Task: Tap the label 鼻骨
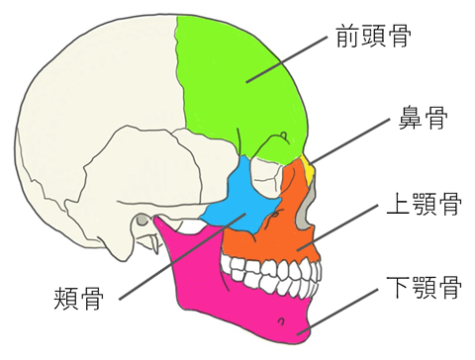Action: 423,121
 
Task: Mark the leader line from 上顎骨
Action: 346,224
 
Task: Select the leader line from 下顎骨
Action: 346,309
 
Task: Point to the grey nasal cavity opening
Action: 311,203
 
